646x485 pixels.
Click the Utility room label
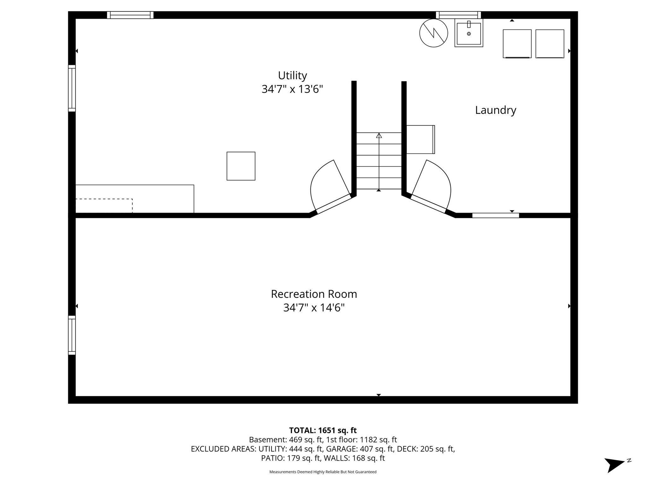click(292, 76)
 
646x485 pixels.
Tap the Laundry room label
click(496, 110)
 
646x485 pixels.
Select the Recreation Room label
click(314, 294)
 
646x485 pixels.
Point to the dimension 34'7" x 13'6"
click(292, 89)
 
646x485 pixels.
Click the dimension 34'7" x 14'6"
click(314, 308)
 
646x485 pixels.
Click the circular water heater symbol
click(434, 33)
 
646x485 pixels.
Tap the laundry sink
click(469, 33)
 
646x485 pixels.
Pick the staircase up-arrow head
click(379, 135)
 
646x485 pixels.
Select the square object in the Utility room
click(241, 166)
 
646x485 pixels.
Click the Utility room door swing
click(315, 177)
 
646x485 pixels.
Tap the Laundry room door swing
click(446, 177)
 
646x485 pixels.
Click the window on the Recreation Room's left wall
click(72, 335)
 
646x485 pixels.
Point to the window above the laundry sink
click(458, 15)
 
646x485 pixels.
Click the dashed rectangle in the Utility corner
click(104, 206)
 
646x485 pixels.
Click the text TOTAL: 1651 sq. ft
click(323, 430)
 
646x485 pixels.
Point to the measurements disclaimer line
click(323, 472)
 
